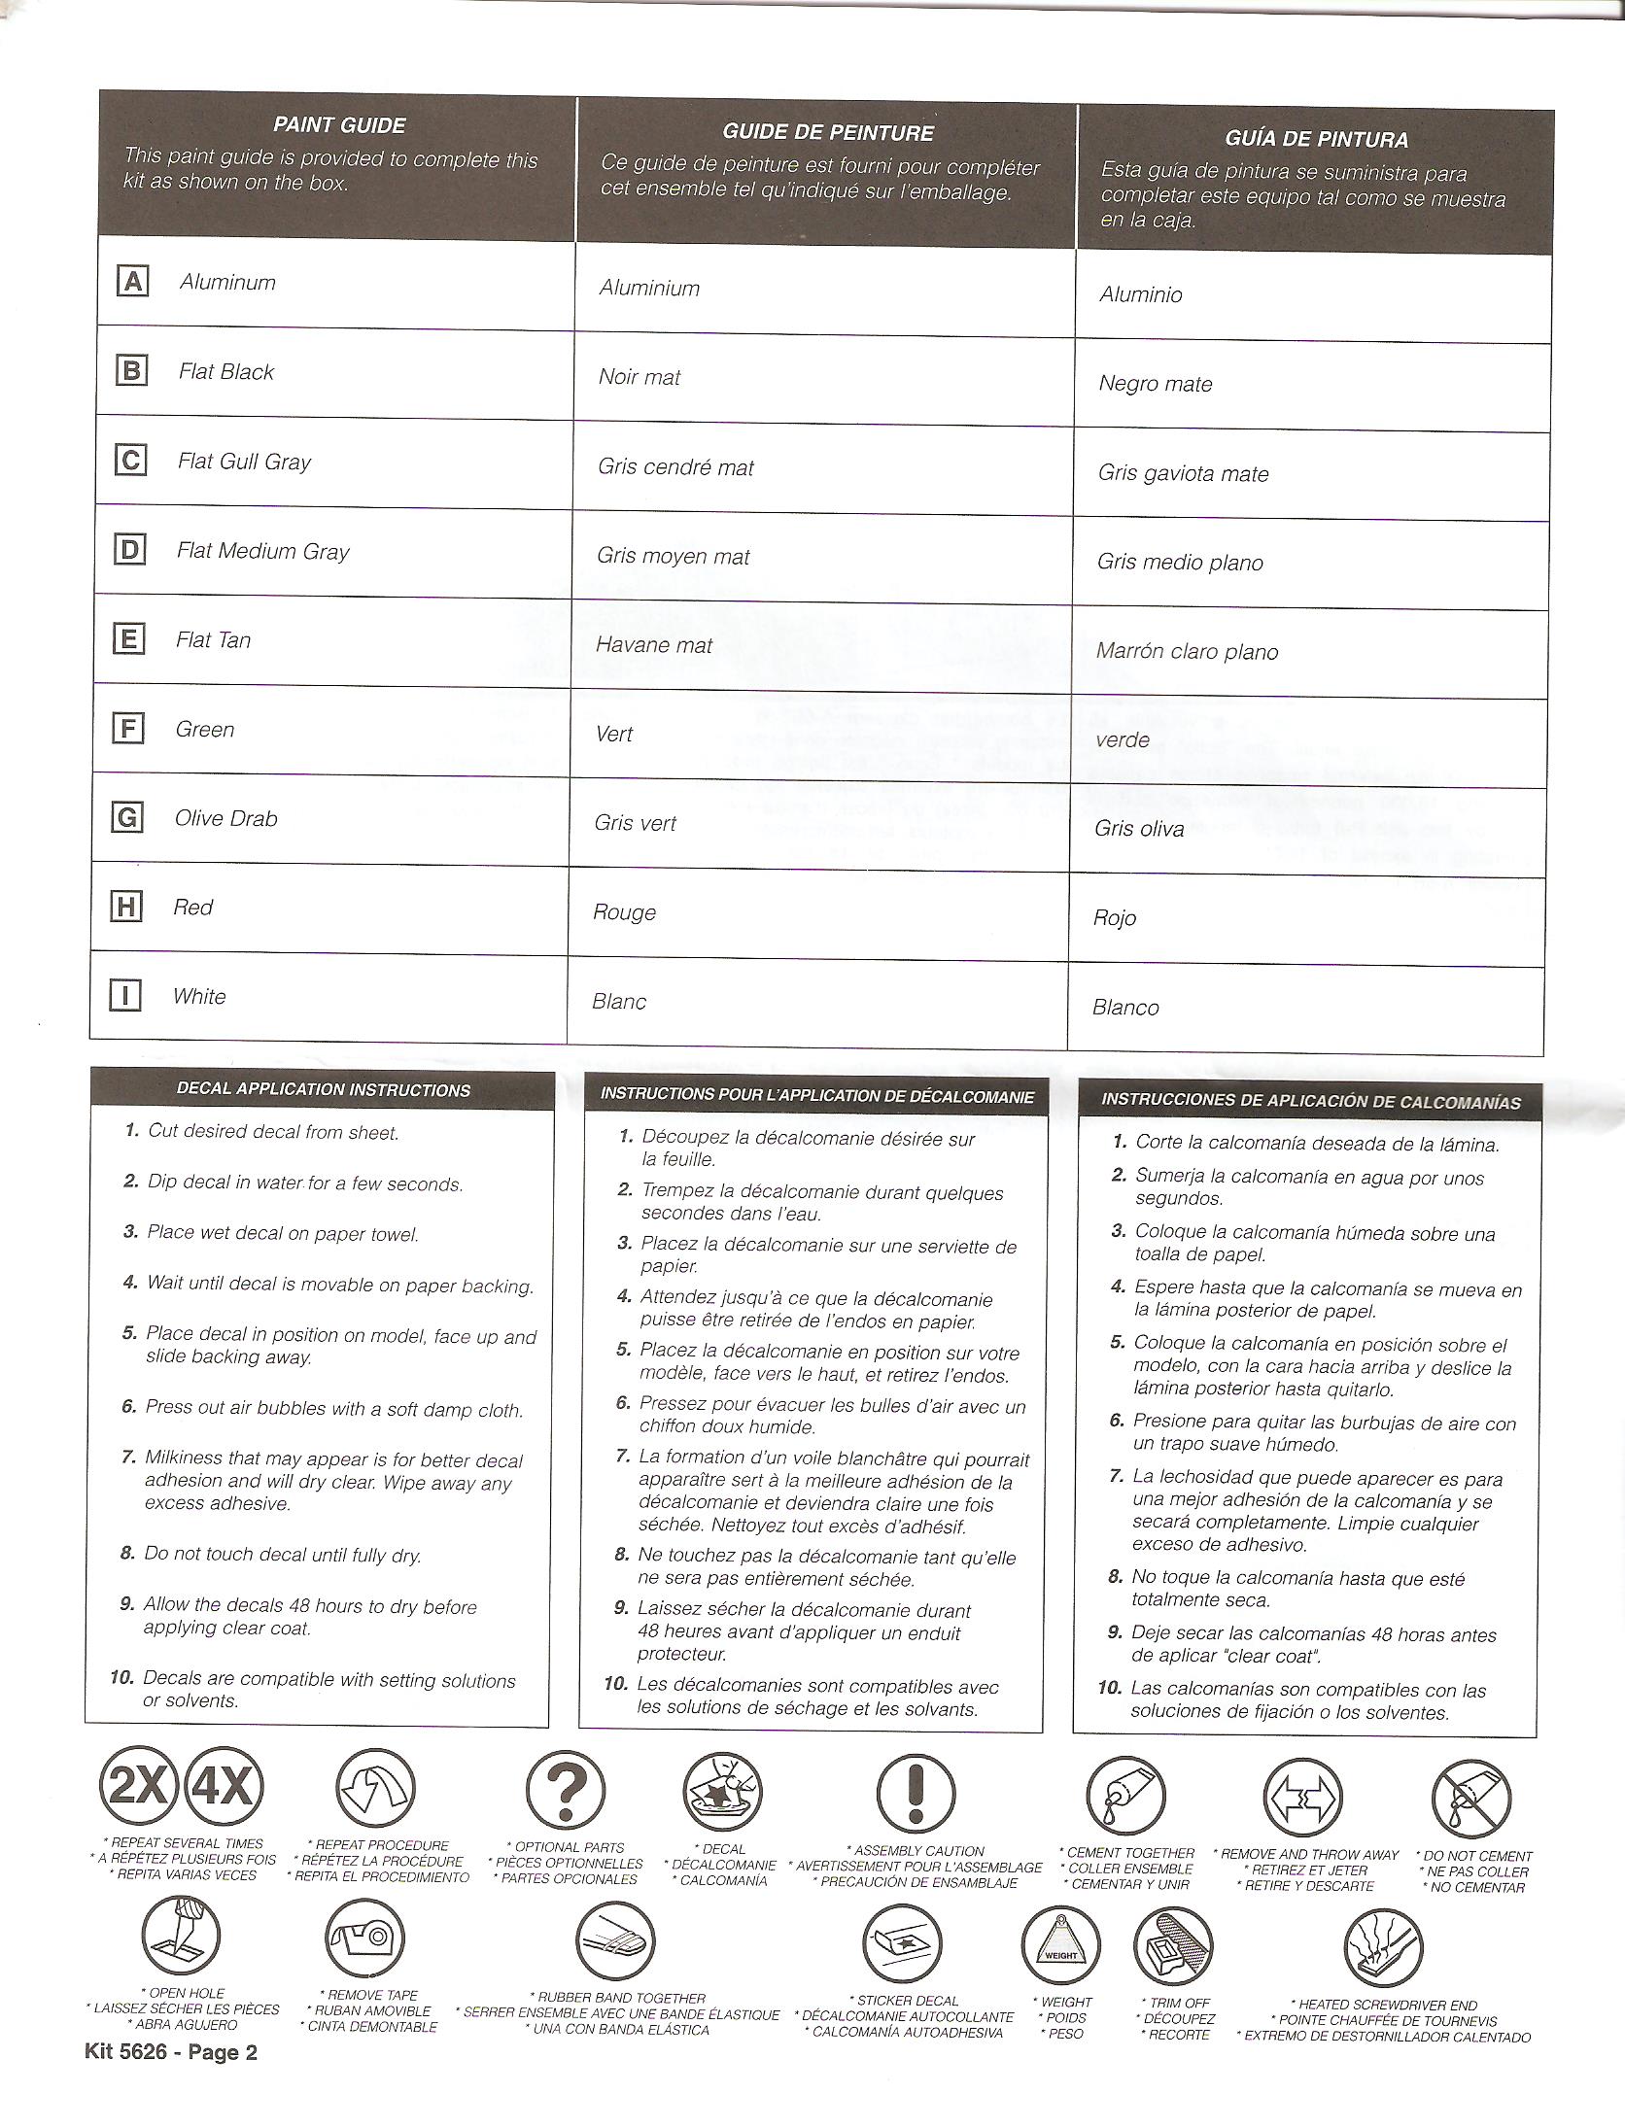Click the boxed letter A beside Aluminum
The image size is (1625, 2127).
click(131, 282)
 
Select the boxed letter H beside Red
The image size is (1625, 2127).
click(125, 908)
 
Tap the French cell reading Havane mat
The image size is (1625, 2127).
click(654, 645)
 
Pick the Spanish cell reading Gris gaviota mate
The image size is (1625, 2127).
click(1183, 473)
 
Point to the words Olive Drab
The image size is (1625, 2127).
click(225, 818)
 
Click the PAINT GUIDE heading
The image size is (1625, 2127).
click(339, 124)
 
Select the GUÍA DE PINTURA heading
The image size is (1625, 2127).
click(1316, 139)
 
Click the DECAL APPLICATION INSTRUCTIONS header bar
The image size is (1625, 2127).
click(323, 1090)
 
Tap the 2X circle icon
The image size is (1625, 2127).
click(139, 1786)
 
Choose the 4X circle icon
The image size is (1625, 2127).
click(224, 1786)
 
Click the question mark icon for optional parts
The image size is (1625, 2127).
click(565, 1790)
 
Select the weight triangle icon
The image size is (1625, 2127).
click(1060, 1949)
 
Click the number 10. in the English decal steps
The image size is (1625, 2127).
click(121, 1677)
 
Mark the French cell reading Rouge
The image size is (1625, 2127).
click(624, 912)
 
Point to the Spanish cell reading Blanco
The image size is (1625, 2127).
click(1125, 1008)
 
